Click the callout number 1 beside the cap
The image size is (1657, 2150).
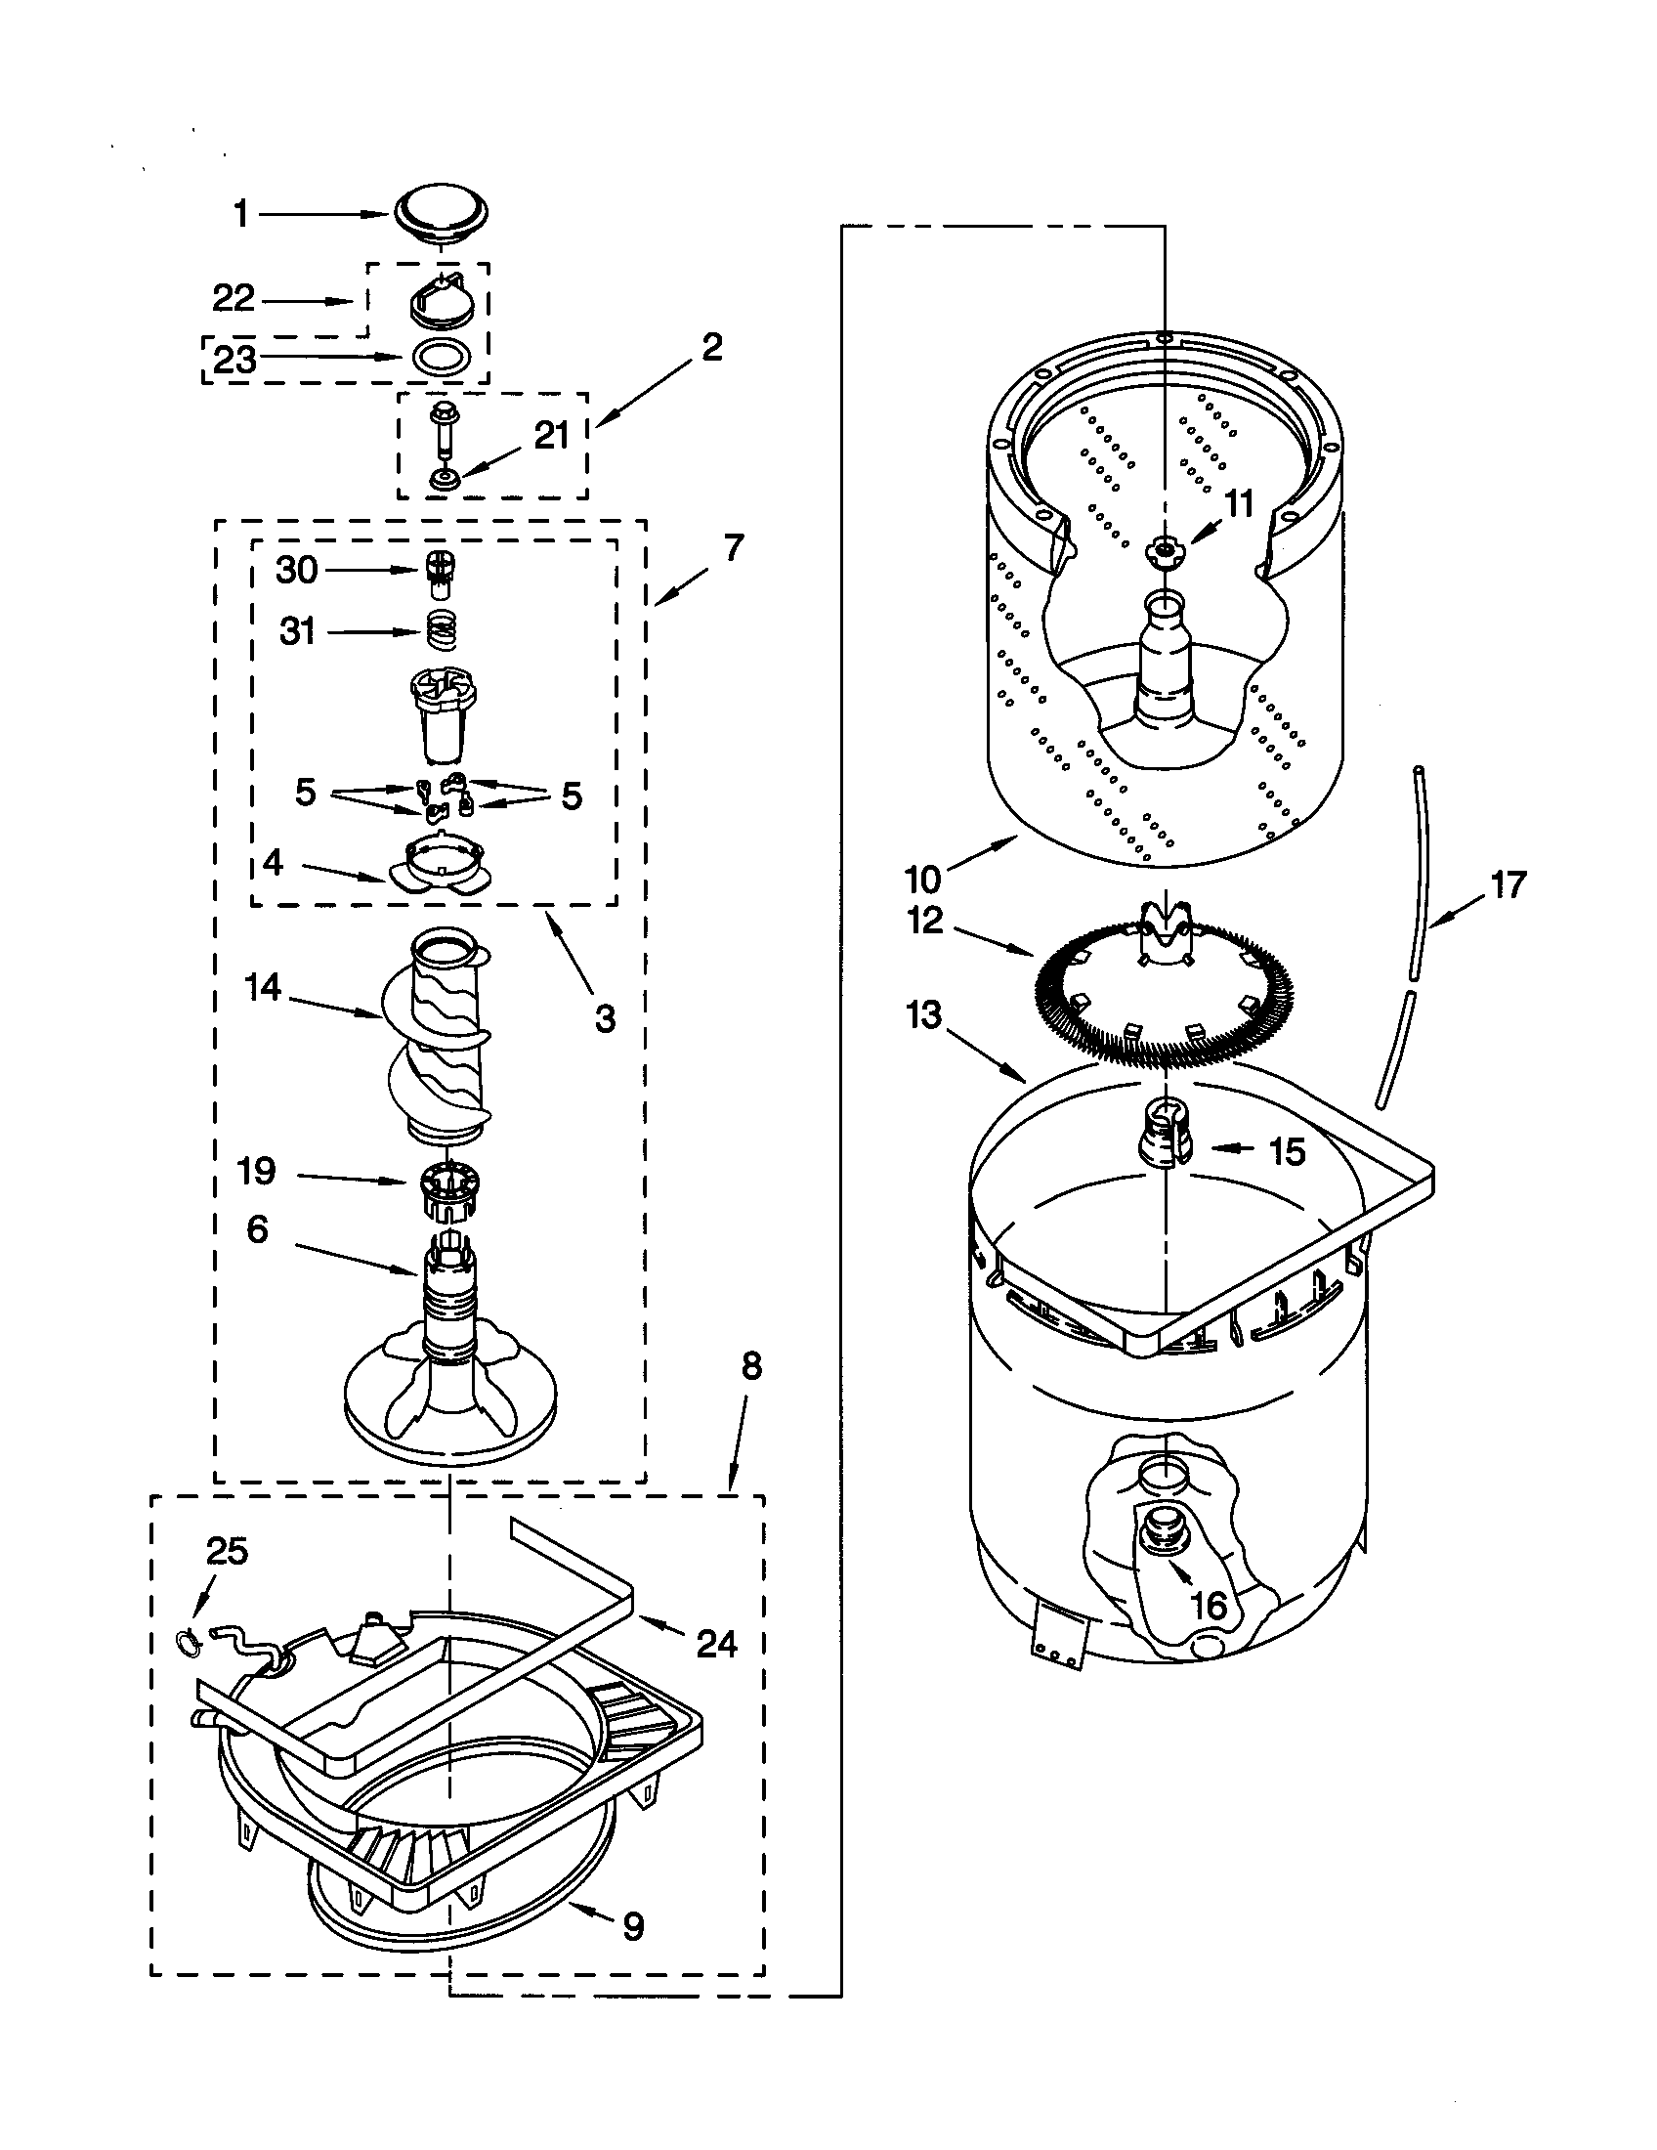[241, 214]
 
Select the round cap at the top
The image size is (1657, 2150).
[442, 215]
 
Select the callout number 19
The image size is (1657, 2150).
[256, 1172]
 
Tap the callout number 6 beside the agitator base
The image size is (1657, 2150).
[257, 1229]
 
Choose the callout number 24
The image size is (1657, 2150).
[716, 1643]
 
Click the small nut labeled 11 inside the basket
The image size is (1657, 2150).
[1163, 549]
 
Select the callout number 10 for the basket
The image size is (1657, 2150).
[924, 876]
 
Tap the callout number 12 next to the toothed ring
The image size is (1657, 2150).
[926, 922]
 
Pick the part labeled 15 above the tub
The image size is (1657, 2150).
[1162, 1140]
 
